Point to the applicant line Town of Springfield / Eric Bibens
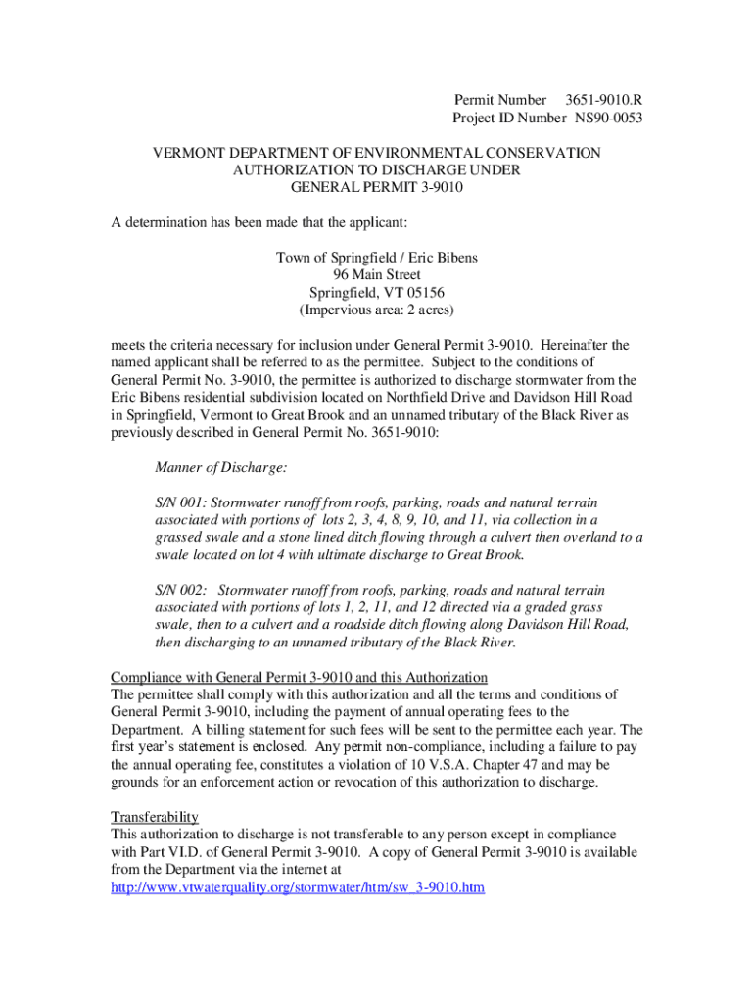coord(377,258)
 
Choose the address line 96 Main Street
coord(377,275)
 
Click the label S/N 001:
coord(181,501)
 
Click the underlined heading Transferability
coord(155,817)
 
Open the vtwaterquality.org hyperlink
coord(298,887)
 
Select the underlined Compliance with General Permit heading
coord(299,677)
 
